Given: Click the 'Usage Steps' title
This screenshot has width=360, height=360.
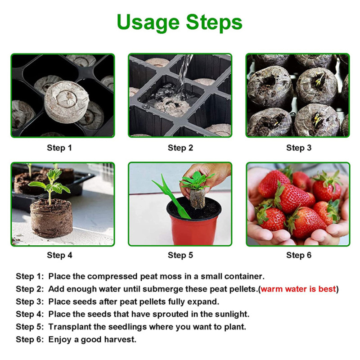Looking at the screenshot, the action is pos(180,22).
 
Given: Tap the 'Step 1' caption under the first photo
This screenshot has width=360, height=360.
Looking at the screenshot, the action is pos(59,148).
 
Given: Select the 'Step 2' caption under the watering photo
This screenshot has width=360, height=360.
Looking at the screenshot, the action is pos(180,148).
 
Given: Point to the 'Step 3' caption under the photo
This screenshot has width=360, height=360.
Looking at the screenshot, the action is pos(299,148).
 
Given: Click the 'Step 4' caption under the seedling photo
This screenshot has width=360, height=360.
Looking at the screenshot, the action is pos(59,255).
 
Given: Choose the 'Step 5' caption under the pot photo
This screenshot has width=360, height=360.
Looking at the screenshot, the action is pos(180,255).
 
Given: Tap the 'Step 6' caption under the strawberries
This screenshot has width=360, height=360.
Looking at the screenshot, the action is pos(299,255).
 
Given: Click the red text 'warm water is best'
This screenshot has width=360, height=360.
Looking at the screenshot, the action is pos(298,289).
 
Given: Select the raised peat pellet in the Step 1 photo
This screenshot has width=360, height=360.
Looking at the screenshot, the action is pos(67,99).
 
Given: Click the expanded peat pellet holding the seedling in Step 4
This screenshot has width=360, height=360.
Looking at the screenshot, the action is pos(51,218).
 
